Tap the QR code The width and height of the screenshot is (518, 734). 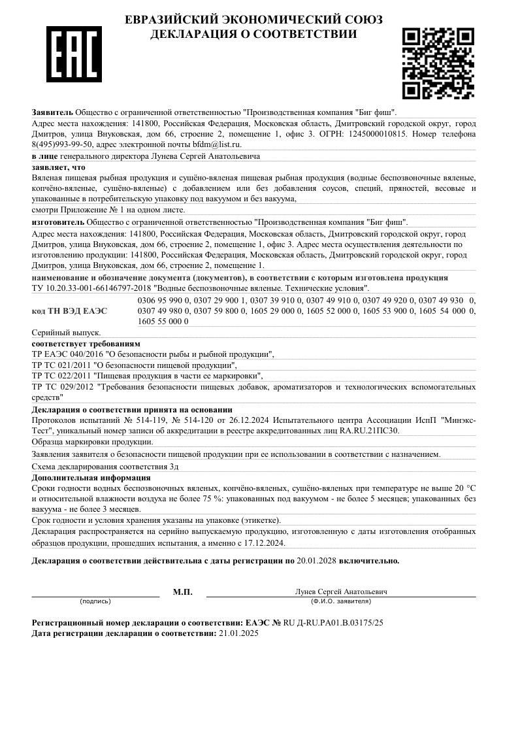click(x=438, y=63)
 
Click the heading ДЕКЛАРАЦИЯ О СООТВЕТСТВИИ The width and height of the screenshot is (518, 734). click(x=253, y=34)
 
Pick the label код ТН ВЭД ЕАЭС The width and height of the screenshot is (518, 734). click(x=69, y=310)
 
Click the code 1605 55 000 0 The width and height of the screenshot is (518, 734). click(x=163, y=321)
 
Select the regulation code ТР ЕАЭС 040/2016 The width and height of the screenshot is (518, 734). click(x=61, y=354)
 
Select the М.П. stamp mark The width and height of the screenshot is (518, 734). click(x=183, y=592)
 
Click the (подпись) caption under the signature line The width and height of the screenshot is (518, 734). click(x=95, y=601)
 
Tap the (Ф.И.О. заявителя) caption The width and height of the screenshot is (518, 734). click(x=341, y=601)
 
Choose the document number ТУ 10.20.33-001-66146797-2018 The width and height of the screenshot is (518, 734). click(x=91, y=288)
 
